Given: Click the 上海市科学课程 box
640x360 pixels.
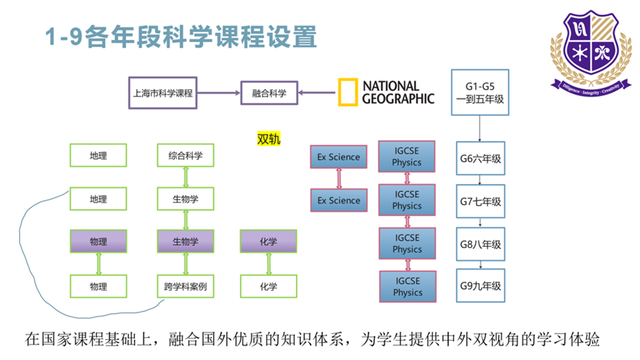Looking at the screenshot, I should [162, 93].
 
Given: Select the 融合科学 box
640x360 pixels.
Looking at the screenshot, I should [269, 93].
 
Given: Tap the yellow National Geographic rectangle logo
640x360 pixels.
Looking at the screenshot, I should [347, 93].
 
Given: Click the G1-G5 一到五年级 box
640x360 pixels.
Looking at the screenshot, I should [480, 93].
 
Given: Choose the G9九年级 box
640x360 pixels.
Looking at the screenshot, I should [480, 287].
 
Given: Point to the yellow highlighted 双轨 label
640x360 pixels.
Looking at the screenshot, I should [269, 138].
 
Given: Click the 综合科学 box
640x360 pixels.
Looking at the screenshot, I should [185, 155].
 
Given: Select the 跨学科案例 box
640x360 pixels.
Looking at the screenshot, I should [185, 287].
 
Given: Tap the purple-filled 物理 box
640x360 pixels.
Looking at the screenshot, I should [98, 242].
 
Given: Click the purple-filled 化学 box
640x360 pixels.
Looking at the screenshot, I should [268, 242].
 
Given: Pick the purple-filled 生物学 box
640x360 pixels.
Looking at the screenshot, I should [185, 242].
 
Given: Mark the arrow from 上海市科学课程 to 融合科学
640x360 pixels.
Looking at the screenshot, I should [218, 93].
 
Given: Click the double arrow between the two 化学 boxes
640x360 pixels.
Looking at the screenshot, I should [269, 264].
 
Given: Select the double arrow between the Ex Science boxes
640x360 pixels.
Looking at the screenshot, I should [339, 178].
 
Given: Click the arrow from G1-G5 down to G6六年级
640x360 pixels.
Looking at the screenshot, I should [480, 129].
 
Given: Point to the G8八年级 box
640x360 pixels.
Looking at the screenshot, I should [480, 245].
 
